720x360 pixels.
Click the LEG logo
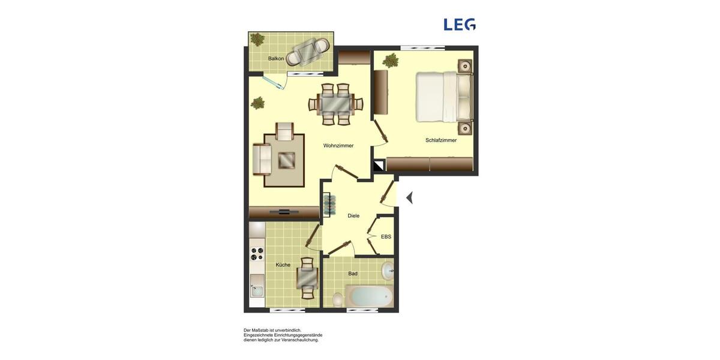tap(459, 25)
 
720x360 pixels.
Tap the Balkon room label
tap(276, 58)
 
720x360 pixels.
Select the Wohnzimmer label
tap(338, 146)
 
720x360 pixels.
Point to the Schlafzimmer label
tap(441, 140)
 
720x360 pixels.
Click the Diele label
tap(353, 216)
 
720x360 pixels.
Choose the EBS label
tap(386, 237)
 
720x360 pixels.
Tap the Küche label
tap(283, 265)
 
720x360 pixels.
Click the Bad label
tap(353, 274)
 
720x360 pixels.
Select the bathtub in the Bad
tap(369, 296)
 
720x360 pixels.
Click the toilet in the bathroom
tap(338, 299)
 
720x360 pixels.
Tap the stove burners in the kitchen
tap(257, 254)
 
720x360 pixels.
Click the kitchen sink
tap(257, 291)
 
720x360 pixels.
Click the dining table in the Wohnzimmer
tap(336, 104)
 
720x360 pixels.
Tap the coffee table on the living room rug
tap(287, 160)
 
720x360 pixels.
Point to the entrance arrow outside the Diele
tap(409, 197)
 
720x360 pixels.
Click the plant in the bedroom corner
tap(391, 60)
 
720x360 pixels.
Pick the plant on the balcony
tap(257, 40)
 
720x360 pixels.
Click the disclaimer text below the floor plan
tap(283, 335)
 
